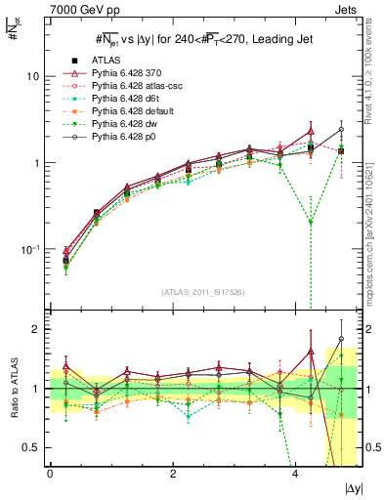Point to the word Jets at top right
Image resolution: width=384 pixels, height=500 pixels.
349,8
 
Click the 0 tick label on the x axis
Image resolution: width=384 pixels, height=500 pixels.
50,474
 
